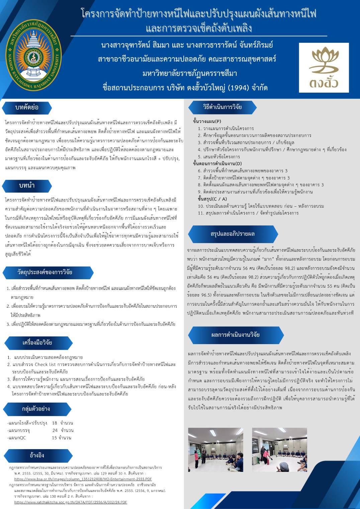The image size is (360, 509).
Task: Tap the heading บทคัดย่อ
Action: pos(27,108)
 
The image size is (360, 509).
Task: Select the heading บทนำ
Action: pos(27,186)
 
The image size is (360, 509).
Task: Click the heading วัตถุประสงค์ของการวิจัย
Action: pos(45,272)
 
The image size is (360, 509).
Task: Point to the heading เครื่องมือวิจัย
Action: pos(37,343)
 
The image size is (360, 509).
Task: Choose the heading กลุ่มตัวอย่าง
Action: pos(36,409)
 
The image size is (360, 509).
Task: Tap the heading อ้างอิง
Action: pos(36,455)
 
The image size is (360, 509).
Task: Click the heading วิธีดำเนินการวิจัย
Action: pos(222,107)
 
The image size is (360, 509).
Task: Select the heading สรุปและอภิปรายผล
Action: pos(232,234)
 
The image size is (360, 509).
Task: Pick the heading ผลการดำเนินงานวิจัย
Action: pos(235,335)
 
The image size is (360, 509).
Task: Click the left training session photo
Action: pos(215,449)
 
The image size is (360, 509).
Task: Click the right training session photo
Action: pos(279,449)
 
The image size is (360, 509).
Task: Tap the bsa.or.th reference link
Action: pos(83,479)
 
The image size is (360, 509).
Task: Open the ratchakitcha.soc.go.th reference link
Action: pos(71,502)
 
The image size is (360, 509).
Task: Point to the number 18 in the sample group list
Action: pos(55,423)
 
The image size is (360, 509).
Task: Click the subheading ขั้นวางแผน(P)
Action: pos(207,121)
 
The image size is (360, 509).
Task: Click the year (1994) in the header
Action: pos(239,88)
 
